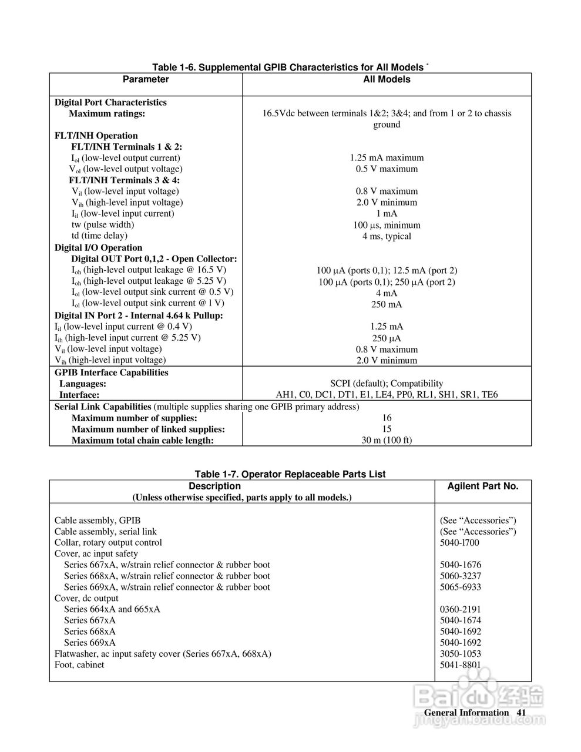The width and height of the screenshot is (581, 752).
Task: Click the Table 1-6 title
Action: [290, 67]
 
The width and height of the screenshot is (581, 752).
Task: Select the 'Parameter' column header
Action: [146, 79]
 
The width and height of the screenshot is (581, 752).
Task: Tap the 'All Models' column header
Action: [387, 79]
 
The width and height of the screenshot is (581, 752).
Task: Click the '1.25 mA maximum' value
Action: [387, 157]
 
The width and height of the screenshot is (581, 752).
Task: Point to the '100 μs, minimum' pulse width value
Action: [387, 225]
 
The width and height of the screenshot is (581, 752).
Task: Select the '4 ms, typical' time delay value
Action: [387, 236]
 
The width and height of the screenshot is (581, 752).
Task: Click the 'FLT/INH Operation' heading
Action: [96, 136]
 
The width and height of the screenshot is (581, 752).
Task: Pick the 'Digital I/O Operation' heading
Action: [98, 247]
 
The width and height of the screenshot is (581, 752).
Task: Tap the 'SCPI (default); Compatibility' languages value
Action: [387, 383]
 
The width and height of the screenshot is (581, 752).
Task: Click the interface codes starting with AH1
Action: [387, 395]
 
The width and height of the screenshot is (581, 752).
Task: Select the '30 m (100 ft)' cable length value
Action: [387, 440]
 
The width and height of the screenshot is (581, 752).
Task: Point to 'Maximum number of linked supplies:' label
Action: [148, 429]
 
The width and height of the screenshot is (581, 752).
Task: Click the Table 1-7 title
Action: [290, 474]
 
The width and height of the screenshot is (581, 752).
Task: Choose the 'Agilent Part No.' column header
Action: [483, 486]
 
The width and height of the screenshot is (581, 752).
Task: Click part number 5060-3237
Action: [461, 576]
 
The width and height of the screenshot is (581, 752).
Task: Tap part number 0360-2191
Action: [461, 609]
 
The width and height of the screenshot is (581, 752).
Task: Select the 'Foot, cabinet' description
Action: [79, 664]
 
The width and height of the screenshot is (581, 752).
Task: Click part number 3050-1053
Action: [461, 653]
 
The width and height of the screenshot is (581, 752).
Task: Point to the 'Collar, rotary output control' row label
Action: [108, 542]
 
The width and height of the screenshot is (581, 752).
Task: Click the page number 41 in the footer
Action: [521, 713]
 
